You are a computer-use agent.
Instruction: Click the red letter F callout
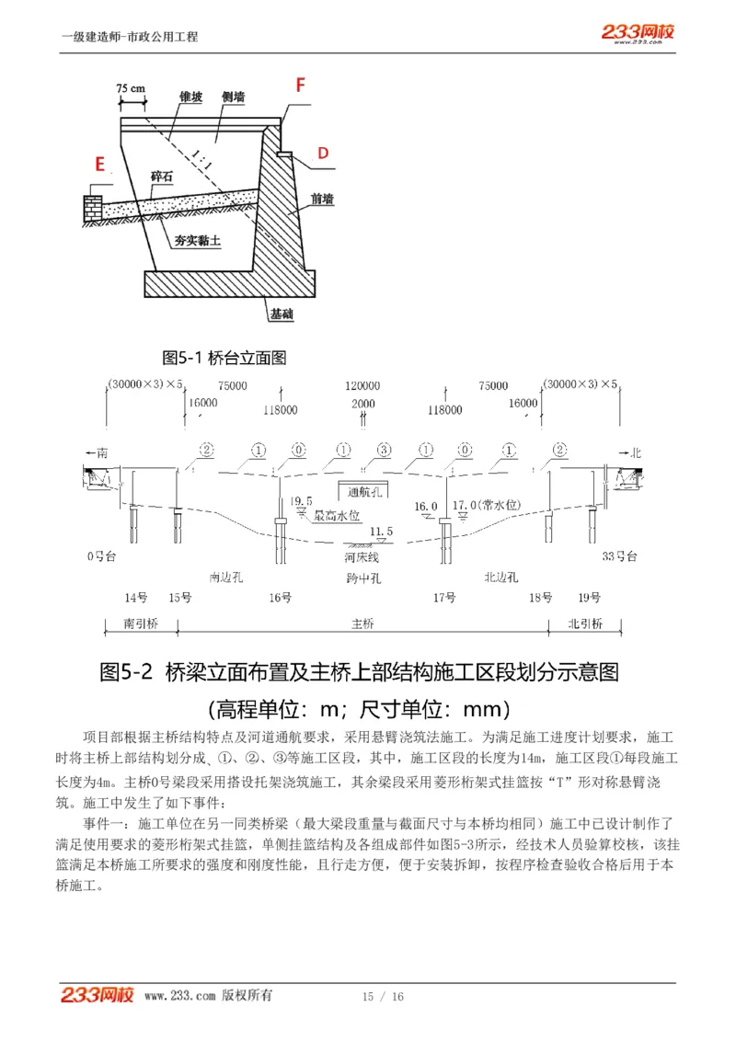pyautogui.click(x=299, y=86)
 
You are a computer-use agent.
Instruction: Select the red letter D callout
pyautogui.click(x=323, y=153)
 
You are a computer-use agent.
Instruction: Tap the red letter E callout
pyautogui.click(x=100, y=165)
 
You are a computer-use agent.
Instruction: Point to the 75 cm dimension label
pyautogui.click(x=132, y=88)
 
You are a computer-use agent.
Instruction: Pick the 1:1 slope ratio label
pyautogui.click(x=203, y=156)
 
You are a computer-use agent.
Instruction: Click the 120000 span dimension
pyautogui.click(x=362, y=386)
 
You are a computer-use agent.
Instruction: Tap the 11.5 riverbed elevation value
pyautogui.click(x=381, y=532)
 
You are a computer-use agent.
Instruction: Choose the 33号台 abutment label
pyautogui.click(x=619, y=557)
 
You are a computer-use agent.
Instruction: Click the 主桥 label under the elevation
pyautogui.click(x=362, y=623)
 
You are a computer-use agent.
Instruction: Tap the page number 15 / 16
pyautogui.click(x=383, y=997)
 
